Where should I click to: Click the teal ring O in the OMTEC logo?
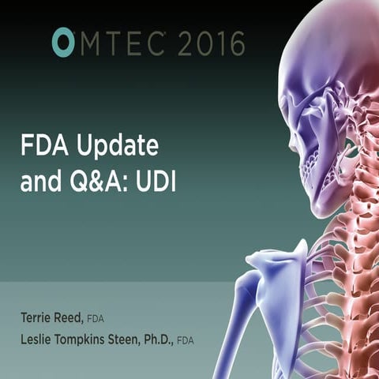63,43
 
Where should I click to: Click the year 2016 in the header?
212,43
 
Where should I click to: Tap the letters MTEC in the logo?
122,43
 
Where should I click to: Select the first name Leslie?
39,340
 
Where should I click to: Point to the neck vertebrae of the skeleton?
347,189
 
